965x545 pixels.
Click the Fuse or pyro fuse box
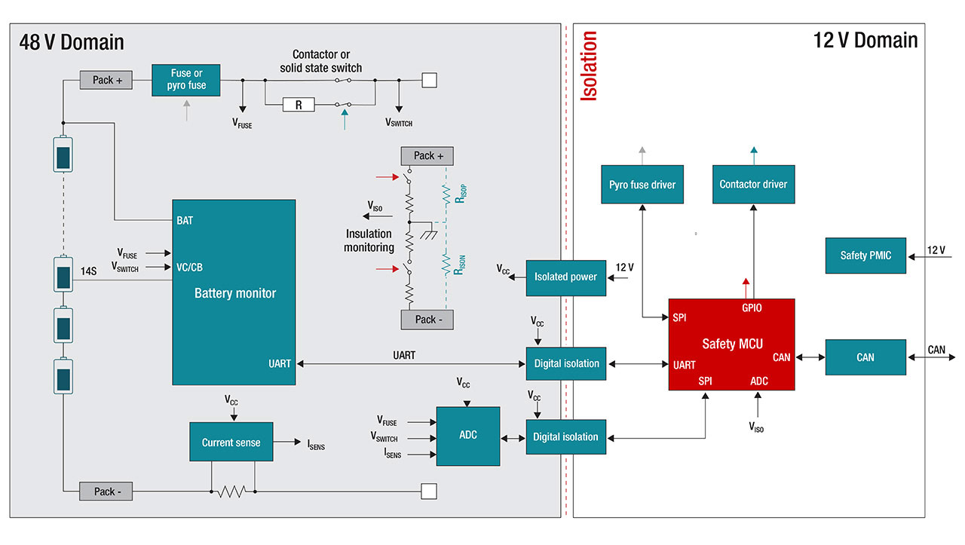click(187, 80)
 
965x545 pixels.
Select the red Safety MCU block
click(731, 344)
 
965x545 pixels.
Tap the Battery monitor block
click(234, 292)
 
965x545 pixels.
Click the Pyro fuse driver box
click(642, 184)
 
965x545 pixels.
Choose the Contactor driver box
click(753, 184)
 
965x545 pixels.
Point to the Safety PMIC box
click(865, 256)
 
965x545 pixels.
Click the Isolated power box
click(565, 277)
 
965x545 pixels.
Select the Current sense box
click(231, 442)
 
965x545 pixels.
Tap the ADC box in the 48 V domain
click(468, 436)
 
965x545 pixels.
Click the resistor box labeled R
click(299, 105)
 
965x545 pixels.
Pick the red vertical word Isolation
click(590, 66)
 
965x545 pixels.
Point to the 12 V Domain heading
click(865, 40)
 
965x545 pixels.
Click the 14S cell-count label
click(89, 270)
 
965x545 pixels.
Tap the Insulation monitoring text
click(369, 240)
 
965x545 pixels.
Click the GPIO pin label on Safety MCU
click(752, 308)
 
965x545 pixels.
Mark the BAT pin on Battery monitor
click(185, 220)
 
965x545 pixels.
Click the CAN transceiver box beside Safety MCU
click(865, 357)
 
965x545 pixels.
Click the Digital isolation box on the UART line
click(566, 363)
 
